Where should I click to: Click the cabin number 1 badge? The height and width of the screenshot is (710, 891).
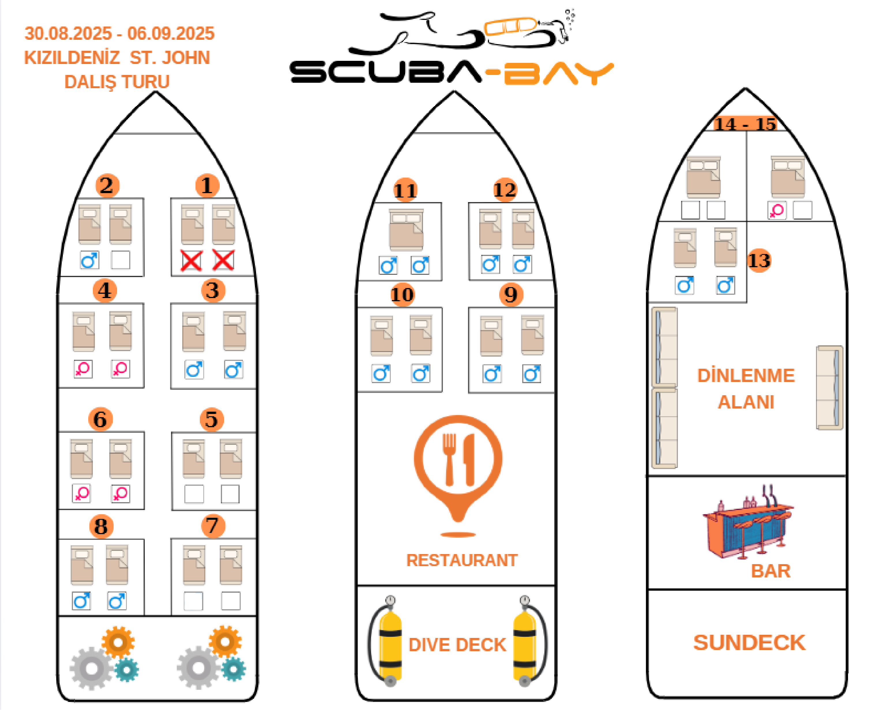point(207,185)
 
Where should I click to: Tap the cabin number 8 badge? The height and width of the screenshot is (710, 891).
point(101,526)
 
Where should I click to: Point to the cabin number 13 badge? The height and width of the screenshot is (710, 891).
point(759,261)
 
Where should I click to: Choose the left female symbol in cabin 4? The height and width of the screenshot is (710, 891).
point(83,369)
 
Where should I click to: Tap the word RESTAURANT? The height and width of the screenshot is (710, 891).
point(462,560)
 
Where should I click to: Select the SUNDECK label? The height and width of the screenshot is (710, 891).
point(749,643)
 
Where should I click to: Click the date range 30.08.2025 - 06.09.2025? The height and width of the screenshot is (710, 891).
point(119,33)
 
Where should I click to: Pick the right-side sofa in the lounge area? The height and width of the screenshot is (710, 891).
point(829,388)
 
